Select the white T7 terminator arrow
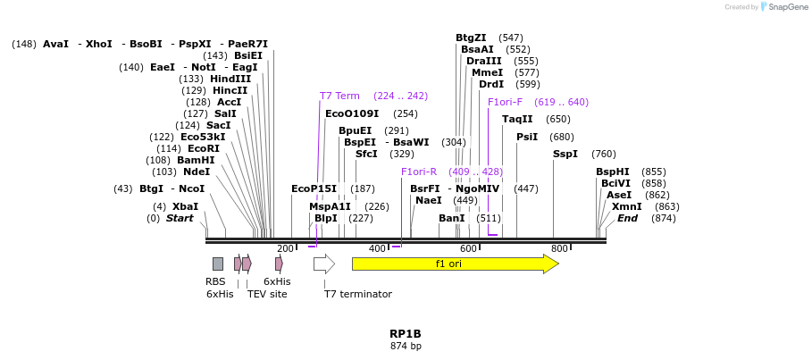323,264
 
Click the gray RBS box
218,264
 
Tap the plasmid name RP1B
405,334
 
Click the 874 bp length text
406,346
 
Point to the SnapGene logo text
788,7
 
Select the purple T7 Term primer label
339,96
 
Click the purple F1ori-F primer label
505,102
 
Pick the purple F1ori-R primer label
419,172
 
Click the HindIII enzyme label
230,79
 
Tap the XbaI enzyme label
185,206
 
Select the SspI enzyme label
565,154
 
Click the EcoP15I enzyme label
314,188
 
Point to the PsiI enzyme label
527,137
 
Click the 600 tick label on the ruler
469,248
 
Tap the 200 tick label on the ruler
285,248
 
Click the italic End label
627,218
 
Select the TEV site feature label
267,294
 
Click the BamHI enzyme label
196,160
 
